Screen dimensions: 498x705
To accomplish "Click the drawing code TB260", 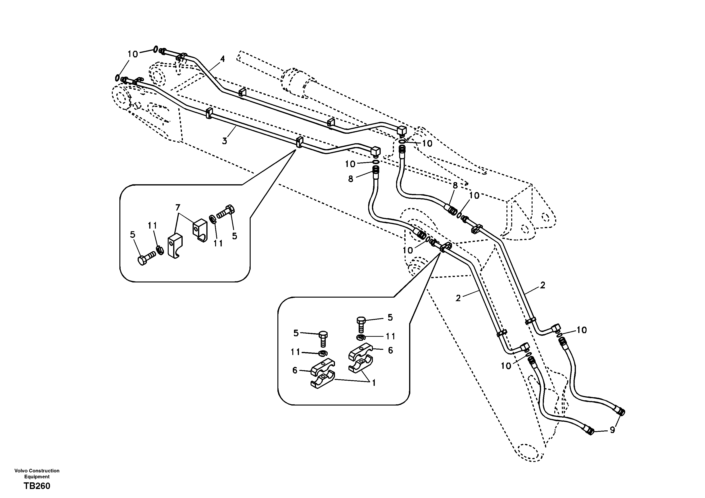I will [x=37, y=486].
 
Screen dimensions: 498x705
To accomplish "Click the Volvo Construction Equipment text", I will [x=37, y=473].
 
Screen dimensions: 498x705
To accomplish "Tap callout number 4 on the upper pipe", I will [x=222, y=59].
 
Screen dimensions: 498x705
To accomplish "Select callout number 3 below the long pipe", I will [x=224, y=141].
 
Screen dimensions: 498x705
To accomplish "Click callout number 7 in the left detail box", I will [x=178, y=208].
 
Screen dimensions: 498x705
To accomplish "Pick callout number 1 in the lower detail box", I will [x=374, y=383].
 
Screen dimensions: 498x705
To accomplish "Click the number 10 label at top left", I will [x=133, y=54].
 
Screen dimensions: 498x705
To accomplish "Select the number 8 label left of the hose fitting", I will [x=351, y=179].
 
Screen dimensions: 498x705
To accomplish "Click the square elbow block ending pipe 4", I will [x=402, y=131].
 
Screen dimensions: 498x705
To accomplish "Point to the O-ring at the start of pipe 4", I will [x=156, y=49].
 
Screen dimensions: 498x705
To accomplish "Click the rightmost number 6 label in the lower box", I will [x=390, y=351].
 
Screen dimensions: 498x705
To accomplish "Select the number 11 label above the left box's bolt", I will [x=152, y=226].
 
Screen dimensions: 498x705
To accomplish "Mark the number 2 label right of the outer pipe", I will [x=542, y=285].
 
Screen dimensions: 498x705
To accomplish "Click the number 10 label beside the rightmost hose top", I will [x=582, y=330].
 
